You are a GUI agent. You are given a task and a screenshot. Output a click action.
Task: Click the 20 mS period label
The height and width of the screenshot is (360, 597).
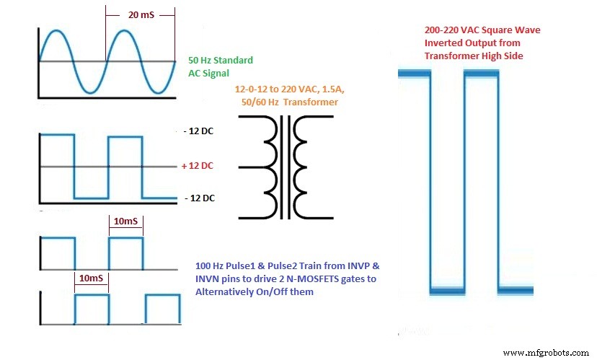click(141, 14)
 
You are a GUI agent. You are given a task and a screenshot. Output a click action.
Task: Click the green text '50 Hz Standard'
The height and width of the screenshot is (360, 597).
click(220, 60)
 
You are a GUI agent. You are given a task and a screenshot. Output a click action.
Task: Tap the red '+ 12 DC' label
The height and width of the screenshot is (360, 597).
click(198, 165)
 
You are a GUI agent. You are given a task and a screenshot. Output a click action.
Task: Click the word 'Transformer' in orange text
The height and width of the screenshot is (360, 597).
click(311, 102)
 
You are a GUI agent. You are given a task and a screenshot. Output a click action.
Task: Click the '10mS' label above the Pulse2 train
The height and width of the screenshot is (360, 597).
click(92, 277)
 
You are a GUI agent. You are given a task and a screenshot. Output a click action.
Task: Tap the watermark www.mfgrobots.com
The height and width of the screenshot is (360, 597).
click(547, 353)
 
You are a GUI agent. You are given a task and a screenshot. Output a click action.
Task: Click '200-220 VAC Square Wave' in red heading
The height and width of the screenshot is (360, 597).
click(482, 31)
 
